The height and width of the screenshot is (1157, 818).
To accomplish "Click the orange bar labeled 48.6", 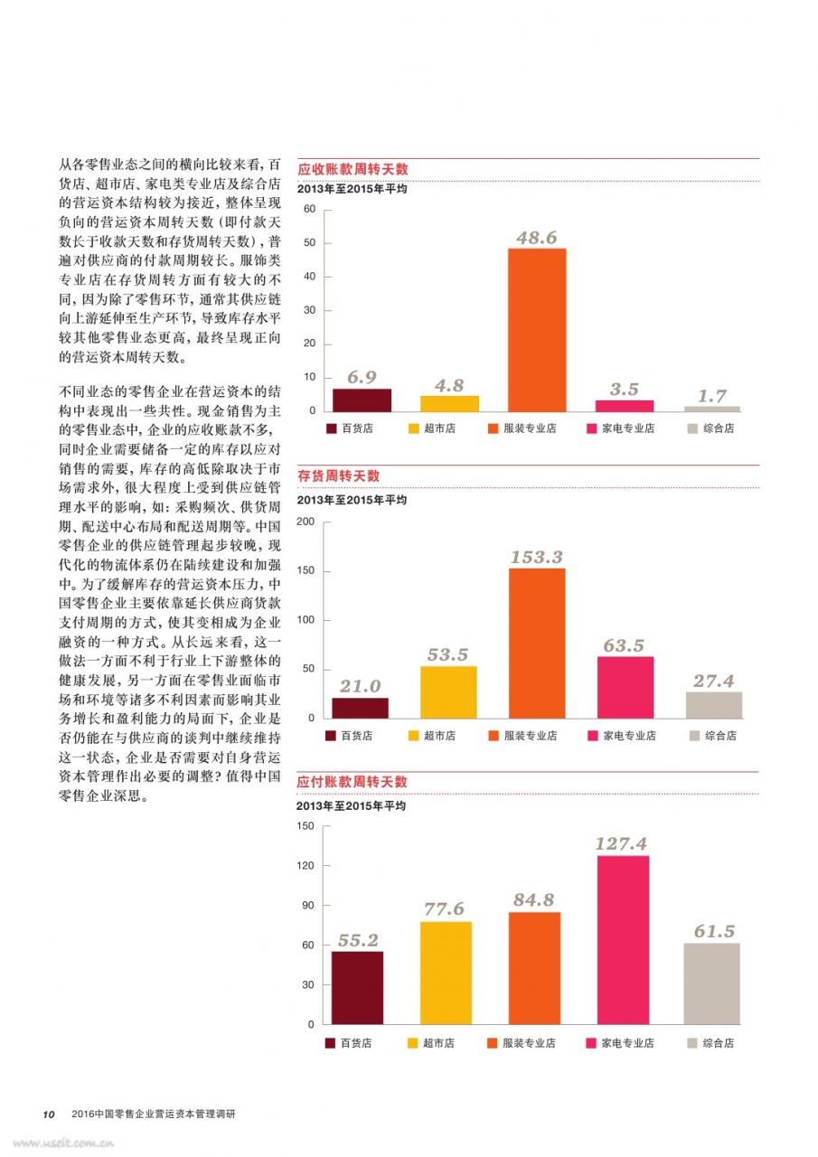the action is pyautogui.click(x=537, y=330).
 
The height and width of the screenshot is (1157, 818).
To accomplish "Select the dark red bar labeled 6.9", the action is pyautogui.click(x=362, y=400).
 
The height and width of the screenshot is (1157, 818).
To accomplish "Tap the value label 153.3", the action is pyautogui.click(x=537, y=557).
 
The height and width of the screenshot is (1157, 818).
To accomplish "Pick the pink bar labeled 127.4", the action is pyautogui.click(x=624, y=940).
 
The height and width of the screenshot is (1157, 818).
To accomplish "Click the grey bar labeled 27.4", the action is pyautogui.click(x=714, y=705).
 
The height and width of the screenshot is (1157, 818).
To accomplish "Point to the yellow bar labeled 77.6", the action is pyautogui.click(x=446, y=974).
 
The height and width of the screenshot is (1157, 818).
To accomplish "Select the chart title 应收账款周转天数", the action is pyautogui.click(x=353, y=169).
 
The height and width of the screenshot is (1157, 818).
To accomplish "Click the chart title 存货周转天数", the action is pyautogui.click(x=338, y=475).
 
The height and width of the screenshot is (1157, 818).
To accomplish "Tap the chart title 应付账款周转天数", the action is pyautogui.click(x=352, y=782).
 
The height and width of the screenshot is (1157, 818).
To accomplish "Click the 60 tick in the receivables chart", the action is pyautogui.click(x=309, y=209).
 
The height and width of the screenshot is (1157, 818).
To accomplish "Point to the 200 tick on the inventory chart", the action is pyautogui.click(x=306, y=522).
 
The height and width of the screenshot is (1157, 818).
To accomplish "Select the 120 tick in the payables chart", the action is pyautogui.click(x=306, y=866).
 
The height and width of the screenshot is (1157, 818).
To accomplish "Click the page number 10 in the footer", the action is pyautogui.click(x=49, y=1115).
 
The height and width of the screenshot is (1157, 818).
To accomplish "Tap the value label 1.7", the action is pyautogui.click(x=712, y=396).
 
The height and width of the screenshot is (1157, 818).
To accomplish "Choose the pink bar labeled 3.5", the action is pyautogui.click(x=625, y=406).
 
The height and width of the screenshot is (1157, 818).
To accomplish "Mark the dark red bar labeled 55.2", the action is pyautogui.click(x=357, y=988).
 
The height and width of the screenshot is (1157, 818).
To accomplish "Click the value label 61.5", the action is pyautogui.click(x=714, y=931).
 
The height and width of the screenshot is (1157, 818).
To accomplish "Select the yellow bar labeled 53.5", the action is pyautogui.click(x=448, y=692).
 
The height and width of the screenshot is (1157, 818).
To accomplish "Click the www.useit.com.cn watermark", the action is pyautogui.click(x=63, y=1143).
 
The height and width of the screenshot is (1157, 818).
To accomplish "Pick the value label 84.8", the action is pyautogui.click(x=533, y=899).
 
